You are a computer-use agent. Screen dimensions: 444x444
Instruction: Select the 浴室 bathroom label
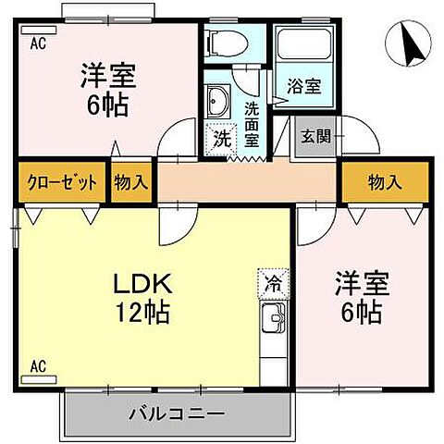[303, 85]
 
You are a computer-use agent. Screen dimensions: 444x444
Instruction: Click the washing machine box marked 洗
[222, 140]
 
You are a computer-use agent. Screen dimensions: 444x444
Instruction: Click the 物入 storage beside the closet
[131, 182]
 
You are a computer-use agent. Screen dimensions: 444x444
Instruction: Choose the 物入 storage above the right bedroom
[385, 182]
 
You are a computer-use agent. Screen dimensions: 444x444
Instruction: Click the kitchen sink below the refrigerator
[273, 323]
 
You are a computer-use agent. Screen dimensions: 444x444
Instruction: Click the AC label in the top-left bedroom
[38, 43]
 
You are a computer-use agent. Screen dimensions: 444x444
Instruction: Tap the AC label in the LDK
[38, 366]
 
